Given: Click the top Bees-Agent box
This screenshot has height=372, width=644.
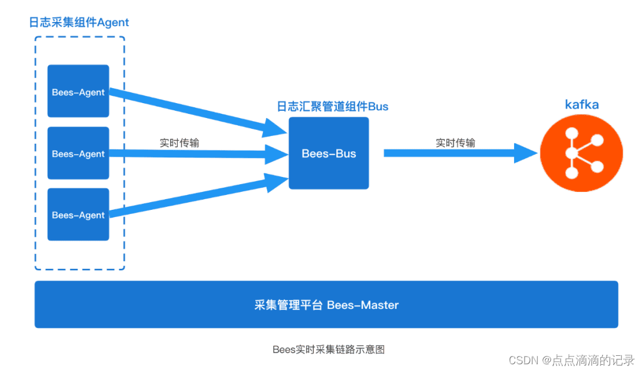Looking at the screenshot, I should (x=78, y=91).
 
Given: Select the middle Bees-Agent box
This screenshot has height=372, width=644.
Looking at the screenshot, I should (x=78, y=153).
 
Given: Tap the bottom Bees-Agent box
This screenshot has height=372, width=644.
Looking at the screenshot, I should (x=78, y=215).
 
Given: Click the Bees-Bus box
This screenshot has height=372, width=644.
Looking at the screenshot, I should (x=329, y=153).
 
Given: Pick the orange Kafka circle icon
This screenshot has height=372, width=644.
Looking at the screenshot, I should (x=581, y=154).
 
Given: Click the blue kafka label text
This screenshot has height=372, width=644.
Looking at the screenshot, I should (x=581, y=105).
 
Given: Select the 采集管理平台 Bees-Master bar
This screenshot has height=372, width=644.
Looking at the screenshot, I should (x=326, y=305).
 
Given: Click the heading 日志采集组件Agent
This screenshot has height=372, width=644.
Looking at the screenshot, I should (x=79, y=23).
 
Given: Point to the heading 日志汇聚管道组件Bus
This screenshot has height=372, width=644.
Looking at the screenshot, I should (x=332, y=107).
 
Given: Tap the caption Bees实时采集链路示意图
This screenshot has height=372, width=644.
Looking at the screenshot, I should (x=329, y=349).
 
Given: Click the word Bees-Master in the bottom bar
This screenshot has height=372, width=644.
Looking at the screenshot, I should (x=363, y=305).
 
